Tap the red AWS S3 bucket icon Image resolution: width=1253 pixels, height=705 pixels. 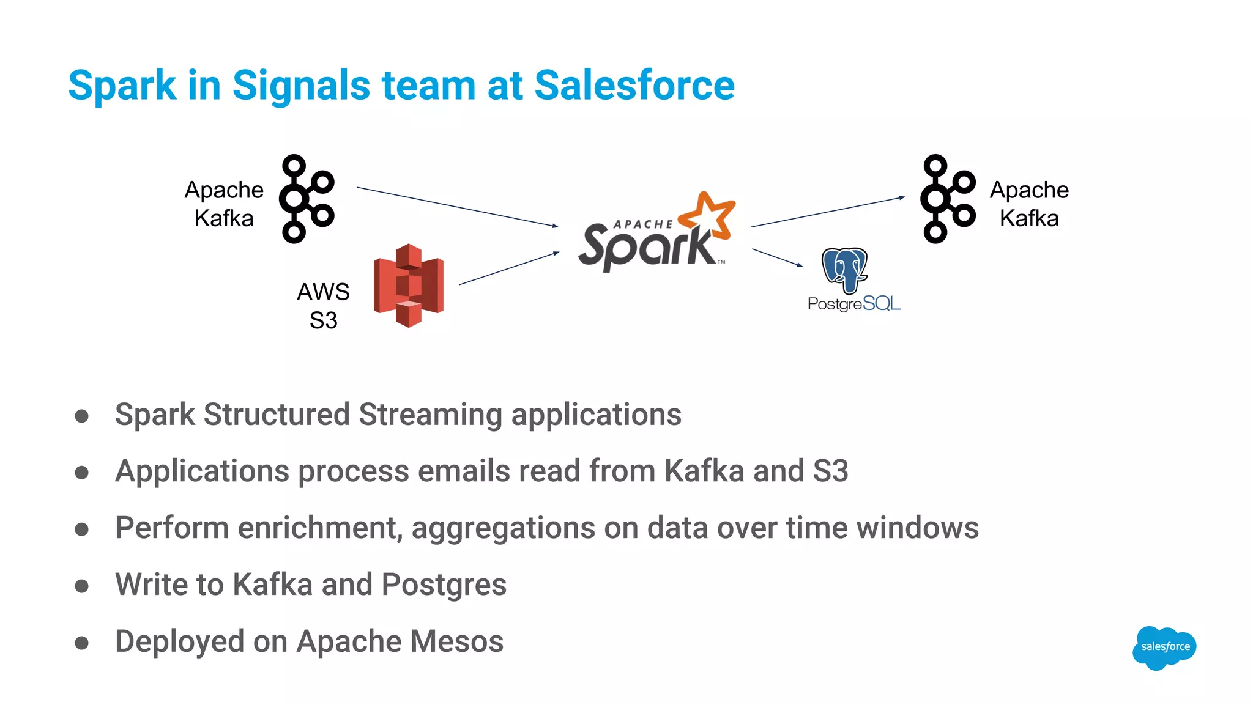[x=409, y=286]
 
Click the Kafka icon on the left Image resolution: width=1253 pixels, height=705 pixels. [x=306, y=199]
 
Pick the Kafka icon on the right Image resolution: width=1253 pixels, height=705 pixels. [x=947, y=199]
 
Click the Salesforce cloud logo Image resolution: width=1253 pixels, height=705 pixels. [x=1164, y=647]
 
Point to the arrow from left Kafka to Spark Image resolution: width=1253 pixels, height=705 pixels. [x=457, y=207]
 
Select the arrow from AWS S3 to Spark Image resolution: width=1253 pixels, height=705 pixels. [x=509, y=268]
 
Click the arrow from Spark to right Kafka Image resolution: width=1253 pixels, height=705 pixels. [x=827, y=212]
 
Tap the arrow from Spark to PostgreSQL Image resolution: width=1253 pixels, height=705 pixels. [x=777, y=257]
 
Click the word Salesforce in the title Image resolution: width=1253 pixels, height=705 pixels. [x=634, y=85]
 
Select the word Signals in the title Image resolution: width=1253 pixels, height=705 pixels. [x=301, y=85]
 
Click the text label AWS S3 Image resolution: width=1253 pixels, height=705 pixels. [x=323, y=306]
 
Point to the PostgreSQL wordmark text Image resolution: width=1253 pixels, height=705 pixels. [x=854, y=304]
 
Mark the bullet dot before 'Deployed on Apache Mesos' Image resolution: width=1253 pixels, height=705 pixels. [x=81, y=643]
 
